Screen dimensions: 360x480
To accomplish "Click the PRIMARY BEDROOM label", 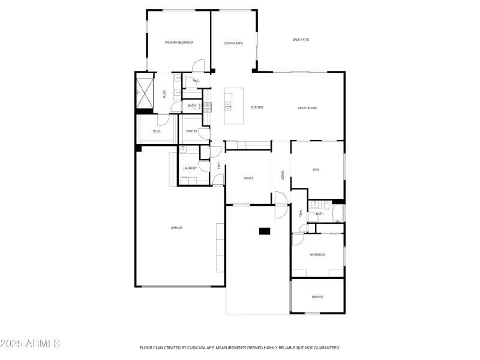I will (x=179, y=43).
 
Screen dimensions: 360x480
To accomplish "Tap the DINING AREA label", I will (x=233, y=43).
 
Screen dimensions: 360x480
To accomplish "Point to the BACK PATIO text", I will (x=301, y=40).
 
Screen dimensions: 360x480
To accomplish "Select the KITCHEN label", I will (x=257, y=107).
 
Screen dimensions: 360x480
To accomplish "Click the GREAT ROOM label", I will (x=307, y=108).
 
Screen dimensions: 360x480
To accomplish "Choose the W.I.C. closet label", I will (x=157, y=131).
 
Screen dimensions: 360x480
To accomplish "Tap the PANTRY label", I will (x=192, y=131).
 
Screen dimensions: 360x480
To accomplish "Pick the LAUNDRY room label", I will (x=190, y=168).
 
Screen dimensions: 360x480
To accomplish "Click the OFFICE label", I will (x=248, y=178).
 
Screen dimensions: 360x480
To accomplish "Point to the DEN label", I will (x=316, y=170).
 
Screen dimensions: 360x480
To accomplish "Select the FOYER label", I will (x=283, y=175).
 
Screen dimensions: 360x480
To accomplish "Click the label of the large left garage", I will (x=176, y=227).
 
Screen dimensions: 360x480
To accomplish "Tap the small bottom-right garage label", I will (x=317, y=297).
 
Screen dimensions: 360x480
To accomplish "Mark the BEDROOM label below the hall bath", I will (x=317, y=255).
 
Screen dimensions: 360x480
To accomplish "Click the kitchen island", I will (x=234, y=107).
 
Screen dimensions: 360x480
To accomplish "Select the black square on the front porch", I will (x=265, y=231).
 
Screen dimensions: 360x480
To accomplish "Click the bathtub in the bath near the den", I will (x=337, y=214).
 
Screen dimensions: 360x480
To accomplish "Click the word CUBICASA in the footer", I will (x=204, y=348).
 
